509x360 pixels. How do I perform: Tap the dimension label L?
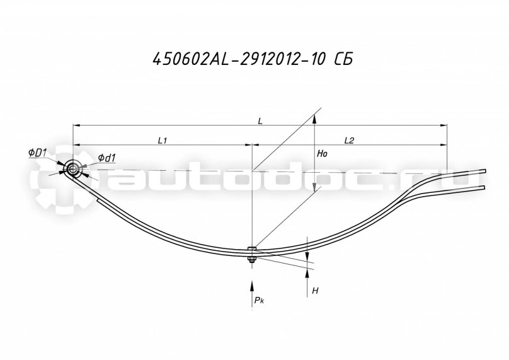pyautogui.click(x=261, y=119)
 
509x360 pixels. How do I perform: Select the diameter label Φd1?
pyautogui.click(x=106, y=158)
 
